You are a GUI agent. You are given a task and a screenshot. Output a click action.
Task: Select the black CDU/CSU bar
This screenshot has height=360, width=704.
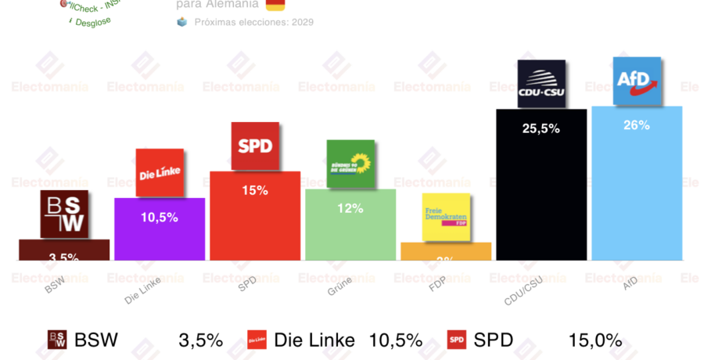click(x=541, y=196)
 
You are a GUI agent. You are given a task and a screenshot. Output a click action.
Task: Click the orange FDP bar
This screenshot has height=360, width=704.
click(x=446, y=251)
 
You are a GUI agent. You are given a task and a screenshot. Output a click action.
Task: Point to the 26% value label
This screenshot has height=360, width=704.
click(x=637, y=125)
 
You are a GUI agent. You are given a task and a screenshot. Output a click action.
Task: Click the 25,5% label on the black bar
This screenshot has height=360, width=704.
click(x=541, y=128)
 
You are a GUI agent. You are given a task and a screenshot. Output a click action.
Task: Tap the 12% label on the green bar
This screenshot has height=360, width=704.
click(x=350, y=208)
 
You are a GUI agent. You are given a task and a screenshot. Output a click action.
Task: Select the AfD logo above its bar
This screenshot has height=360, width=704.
click(x=638, y=81)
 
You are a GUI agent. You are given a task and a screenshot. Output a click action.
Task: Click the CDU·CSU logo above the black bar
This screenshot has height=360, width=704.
click(x=541, y=84)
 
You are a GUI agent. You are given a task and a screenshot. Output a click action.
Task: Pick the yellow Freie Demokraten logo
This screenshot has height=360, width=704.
click(x=446, y=217)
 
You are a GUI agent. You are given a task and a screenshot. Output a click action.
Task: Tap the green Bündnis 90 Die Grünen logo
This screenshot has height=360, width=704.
click(x=350, y=164)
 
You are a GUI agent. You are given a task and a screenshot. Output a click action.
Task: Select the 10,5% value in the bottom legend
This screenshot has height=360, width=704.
click(x=396, y=340)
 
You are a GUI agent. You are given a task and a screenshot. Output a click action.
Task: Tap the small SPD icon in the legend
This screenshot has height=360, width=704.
click(x=457, y=340)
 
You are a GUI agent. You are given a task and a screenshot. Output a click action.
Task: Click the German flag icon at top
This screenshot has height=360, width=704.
click(x=275, y=5)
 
